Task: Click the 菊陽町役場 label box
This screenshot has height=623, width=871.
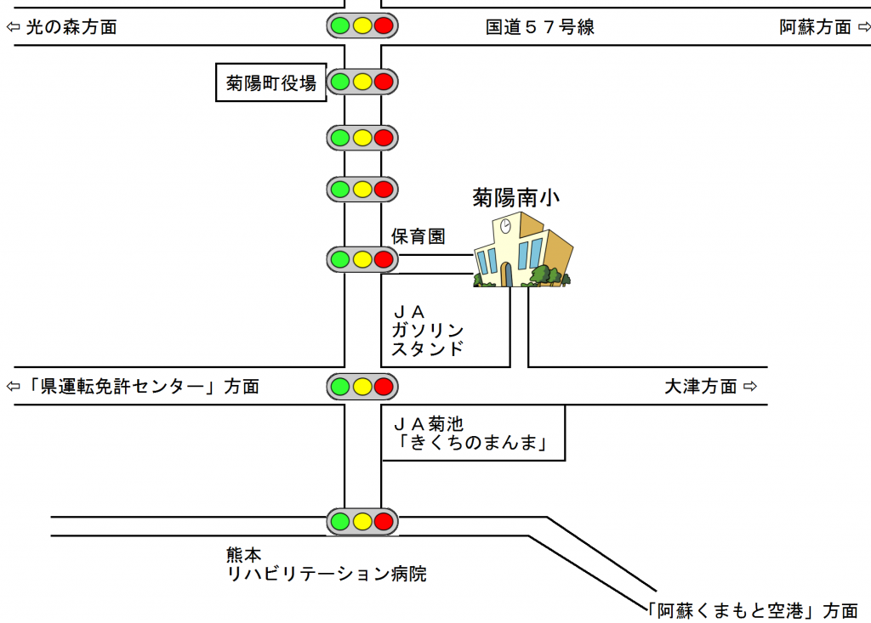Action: (271, 82)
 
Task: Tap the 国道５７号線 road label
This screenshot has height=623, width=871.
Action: (540, 27)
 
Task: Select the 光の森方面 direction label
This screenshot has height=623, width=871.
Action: (71, 27)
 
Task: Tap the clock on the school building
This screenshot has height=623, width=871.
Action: (505, 225)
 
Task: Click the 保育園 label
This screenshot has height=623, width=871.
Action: (418, 236)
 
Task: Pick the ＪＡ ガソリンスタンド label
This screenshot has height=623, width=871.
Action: (427, 330)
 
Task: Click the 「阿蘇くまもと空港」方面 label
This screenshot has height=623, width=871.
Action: (752, 610)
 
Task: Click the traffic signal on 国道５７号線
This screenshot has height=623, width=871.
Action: (362, 25)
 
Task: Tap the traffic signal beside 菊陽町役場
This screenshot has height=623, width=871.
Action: (362, 82)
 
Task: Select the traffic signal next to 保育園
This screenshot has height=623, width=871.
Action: (362, 259)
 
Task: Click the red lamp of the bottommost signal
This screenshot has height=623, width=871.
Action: (384, 520)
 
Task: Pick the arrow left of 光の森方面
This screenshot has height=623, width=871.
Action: (13, 27)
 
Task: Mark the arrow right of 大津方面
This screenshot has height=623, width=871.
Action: (749, 387)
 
